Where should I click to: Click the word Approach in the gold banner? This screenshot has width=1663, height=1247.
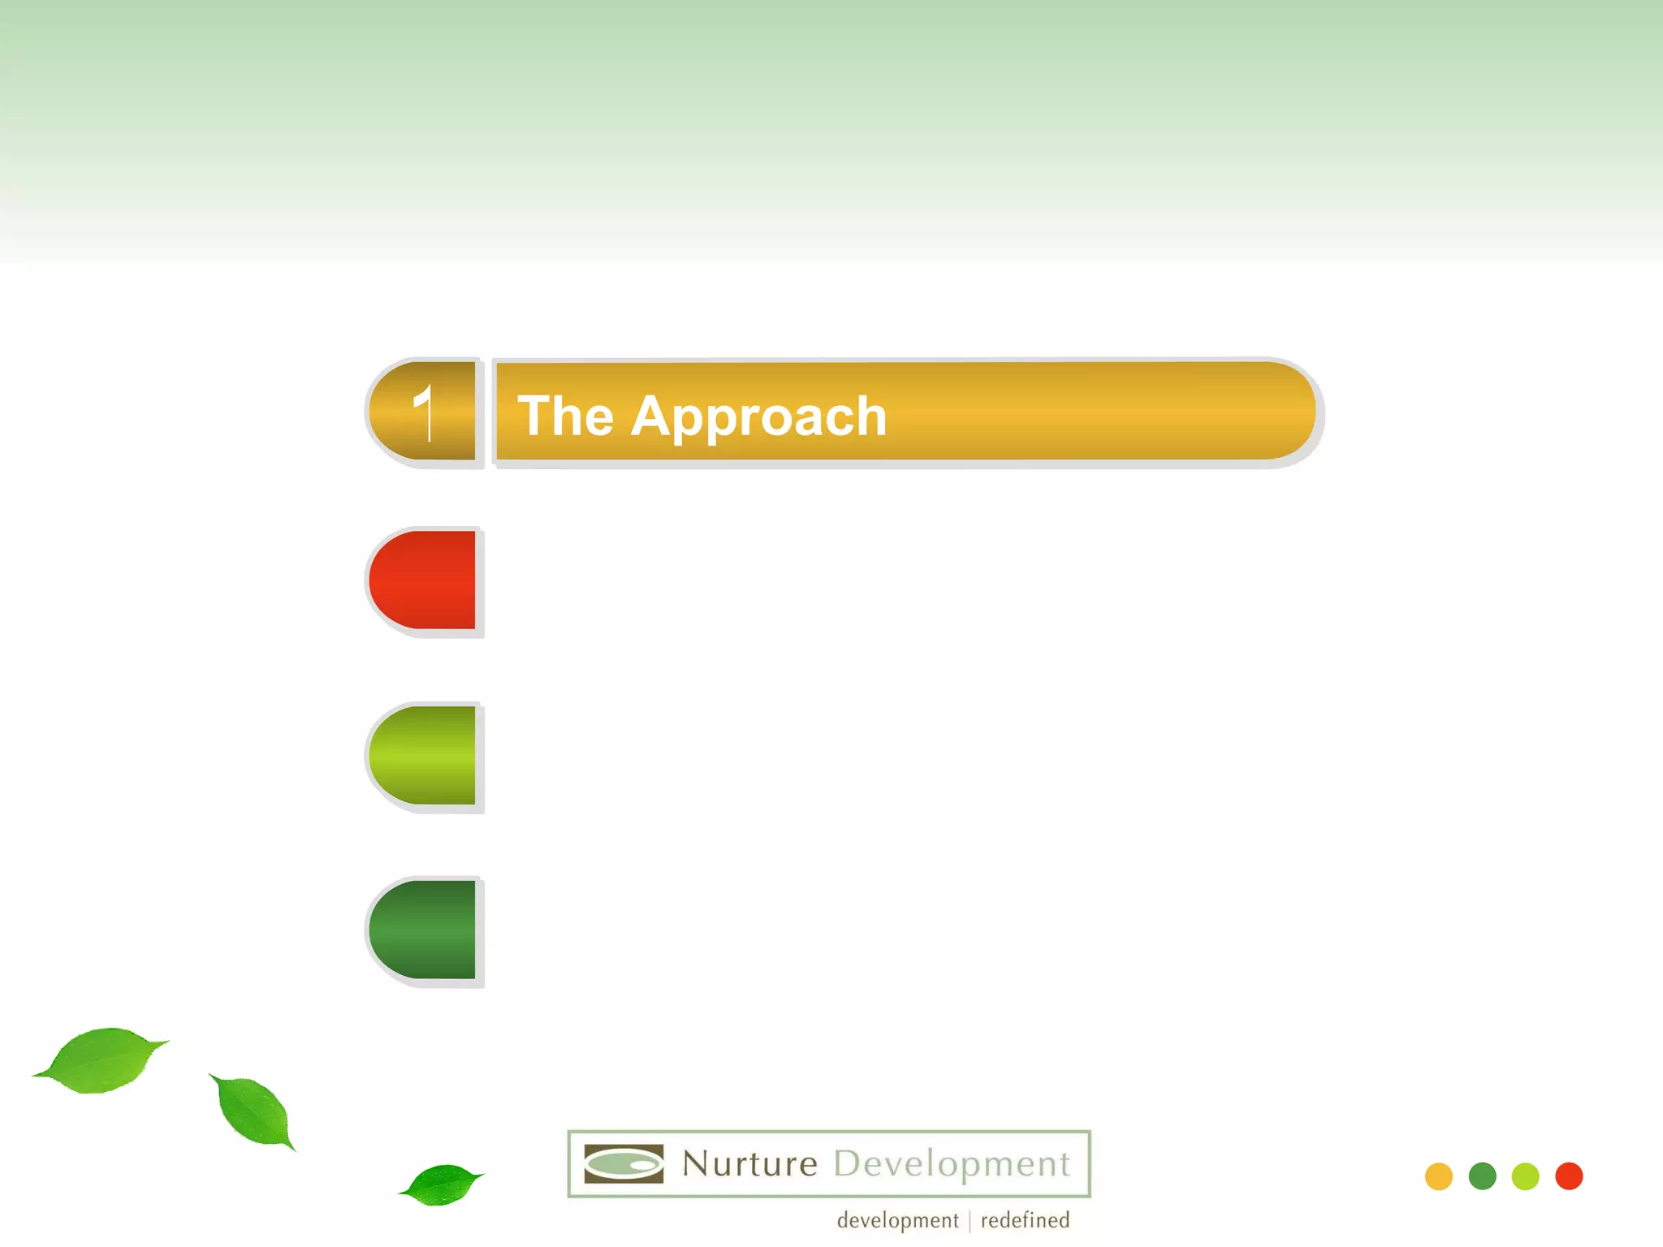[x=758, y=416]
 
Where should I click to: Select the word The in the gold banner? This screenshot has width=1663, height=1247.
[x=565, y=416]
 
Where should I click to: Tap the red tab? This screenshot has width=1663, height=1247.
[x=423, y=580]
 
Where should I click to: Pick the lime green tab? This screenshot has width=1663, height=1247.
[x=423, y=755]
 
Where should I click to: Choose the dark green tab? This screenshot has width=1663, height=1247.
[x=423, y=930]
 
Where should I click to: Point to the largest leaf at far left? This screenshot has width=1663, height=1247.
[x=102, y=1059]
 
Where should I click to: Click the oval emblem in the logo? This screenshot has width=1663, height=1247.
[x=624, y=1164]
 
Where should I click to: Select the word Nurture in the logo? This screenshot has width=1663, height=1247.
[x=749, y=1164]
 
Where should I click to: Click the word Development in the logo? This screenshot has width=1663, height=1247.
[x=952, y=1164]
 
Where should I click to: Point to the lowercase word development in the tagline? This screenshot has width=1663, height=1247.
[x=897, y=1220]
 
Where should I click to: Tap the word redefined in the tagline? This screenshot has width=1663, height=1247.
[x=1025, y=1220]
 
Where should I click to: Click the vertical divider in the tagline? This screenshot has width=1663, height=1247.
[x=970, y=1221]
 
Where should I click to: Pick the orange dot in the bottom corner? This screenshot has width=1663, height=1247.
[x=1439, y=1176]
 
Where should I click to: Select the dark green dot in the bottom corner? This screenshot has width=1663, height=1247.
[x=1483, y=1176]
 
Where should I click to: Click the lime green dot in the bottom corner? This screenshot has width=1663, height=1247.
[x=1526, y=1176]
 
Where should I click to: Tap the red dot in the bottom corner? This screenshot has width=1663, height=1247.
[x=1569, y=1176]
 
